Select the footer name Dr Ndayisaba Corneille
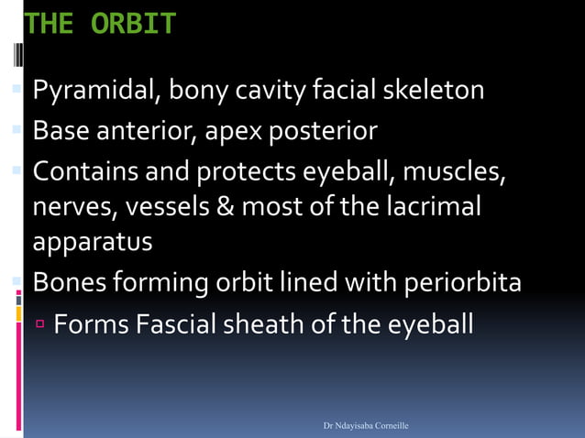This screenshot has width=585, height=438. tap(365, 426)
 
